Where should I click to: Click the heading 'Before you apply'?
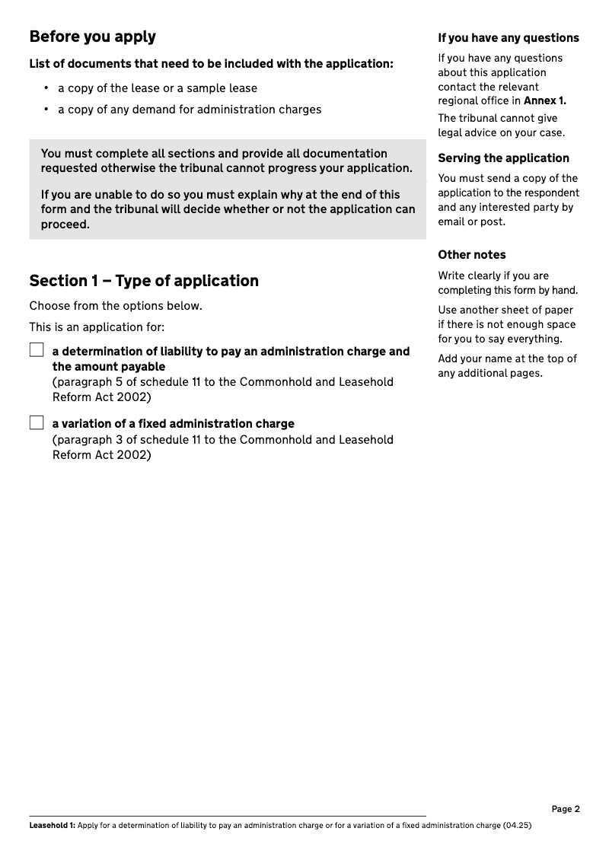coord(92,37)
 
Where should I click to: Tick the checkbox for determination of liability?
coord(37,351)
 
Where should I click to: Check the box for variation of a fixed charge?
coord(37,423)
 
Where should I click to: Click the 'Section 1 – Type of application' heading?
coord(144,281)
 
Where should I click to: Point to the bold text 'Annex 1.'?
coord(545,100)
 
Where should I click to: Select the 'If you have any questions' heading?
coord(508,38)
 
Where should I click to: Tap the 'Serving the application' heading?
coord(503,158)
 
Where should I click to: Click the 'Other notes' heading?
coord(471,255)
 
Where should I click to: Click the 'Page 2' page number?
coord(566,809)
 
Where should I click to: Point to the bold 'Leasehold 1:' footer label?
coord(52,826)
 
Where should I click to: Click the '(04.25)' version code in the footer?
coord(517,826)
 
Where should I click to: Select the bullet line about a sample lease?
coord(158,88)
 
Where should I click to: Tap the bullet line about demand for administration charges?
coord(190,110)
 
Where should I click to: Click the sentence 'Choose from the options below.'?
coord(116,306)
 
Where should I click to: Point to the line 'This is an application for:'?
coord(97,327)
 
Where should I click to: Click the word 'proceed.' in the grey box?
coord(65,225)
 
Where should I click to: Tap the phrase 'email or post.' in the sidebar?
coord(472,221)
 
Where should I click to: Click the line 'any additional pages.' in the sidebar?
coord(489,373)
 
